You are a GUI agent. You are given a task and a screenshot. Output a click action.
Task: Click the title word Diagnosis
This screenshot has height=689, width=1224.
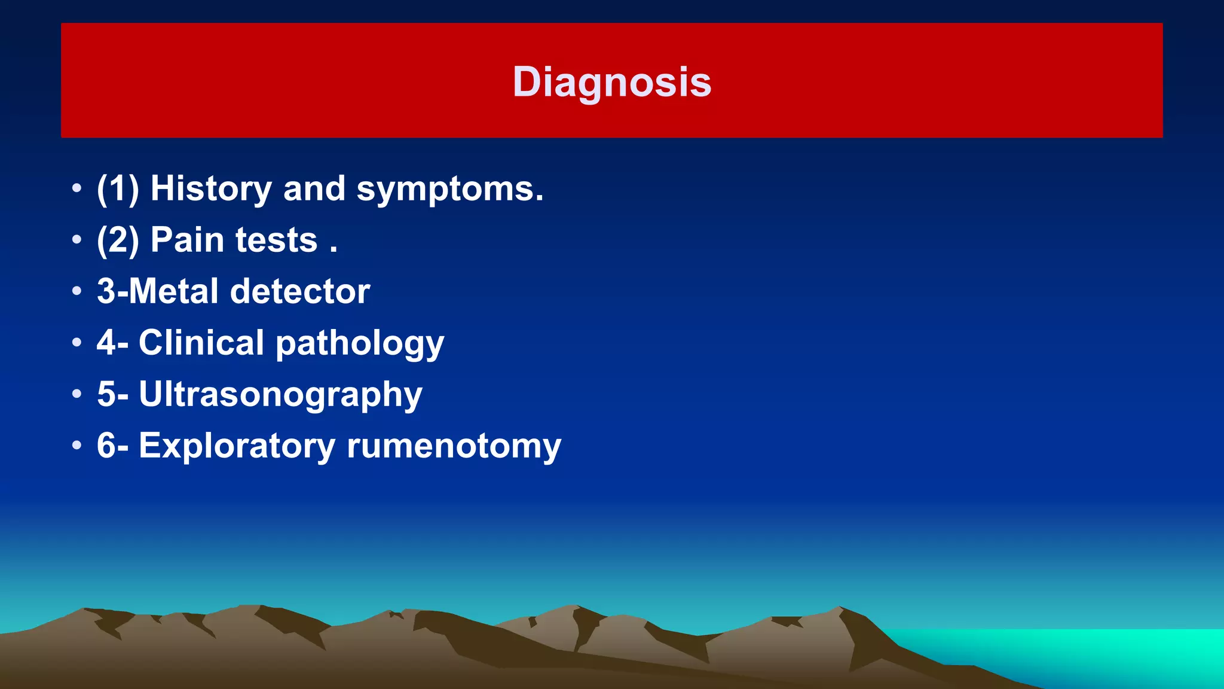pyautogui.click(x=612, y=82)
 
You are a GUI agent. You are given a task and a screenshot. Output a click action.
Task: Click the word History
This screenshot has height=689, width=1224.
pyautogui.click(x=211, y=188)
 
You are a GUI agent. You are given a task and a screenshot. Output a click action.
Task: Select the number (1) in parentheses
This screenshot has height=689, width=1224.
pyautogui.click(x=118, y=189)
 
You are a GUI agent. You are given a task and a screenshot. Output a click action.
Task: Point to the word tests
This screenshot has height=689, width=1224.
pyautogui.click(x=276, y=240)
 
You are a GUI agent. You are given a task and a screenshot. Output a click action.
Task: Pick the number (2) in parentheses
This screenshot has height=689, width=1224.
pyautogui.click(x=118, y=240)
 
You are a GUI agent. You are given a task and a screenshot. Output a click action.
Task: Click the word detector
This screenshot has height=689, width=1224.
pyautogui.click(x=300, y=291)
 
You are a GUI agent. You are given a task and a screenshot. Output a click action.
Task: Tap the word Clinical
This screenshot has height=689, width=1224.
pyautogui.click(x=201, y=343)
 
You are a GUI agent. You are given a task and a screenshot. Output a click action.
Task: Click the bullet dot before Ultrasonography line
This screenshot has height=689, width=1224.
pyautogui.click(x=76, y=394)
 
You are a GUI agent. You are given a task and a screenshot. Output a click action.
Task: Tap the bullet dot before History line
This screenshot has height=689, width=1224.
pyautogui.click(x=76, y=188)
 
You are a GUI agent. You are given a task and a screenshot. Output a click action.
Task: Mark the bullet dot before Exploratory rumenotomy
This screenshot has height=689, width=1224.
pyautogui.click(x=76, y=446)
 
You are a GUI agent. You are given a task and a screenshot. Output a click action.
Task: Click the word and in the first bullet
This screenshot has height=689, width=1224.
pyautogui.click(x=314, y=188)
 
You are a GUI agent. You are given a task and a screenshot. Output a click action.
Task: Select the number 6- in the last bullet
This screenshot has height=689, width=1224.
pyautogui.click(x=112, y=446)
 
